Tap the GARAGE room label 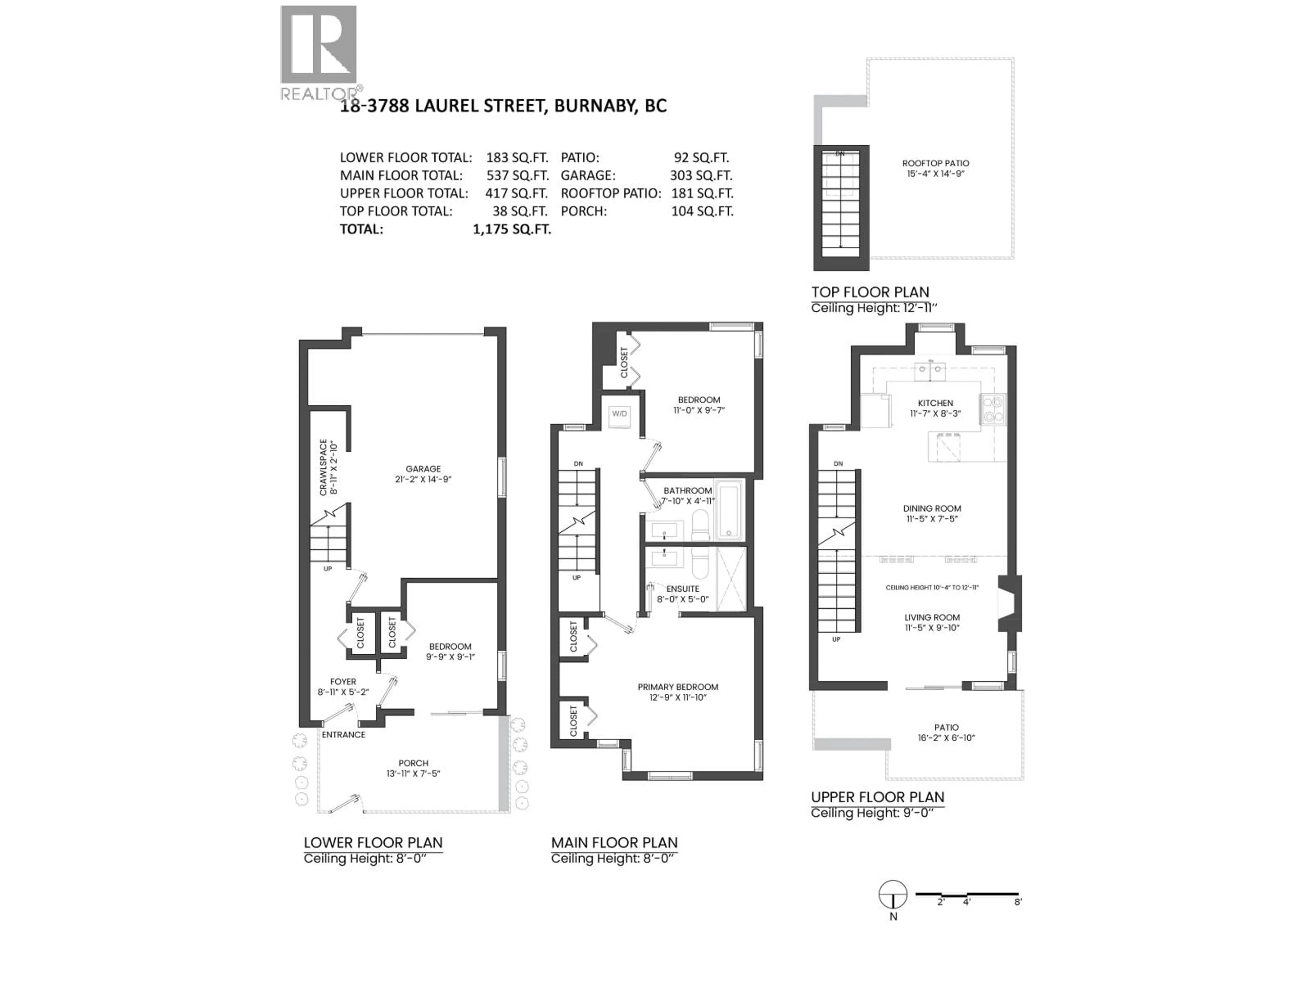(423, 469)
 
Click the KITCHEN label (935, 403)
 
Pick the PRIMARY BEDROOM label (678, 687)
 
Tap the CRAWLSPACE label (323, 467)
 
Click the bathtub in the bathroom (729, 510)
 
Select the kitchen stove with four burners (993, 410)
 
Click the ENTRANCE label (344, 734)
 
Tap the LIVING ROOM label (932, 618)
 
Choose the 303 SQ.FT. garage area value (701, 176)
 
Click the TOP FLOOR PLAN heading (870, 292)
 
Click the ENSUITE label (682, 589)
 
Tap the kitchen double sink (930, 372)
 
